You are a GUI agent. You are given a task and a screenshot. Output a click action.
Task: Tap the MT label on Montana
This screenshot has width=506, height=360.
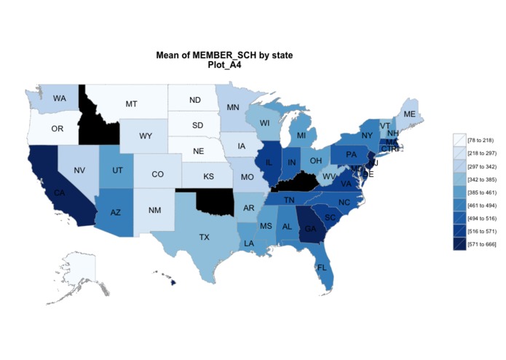click(131, 104)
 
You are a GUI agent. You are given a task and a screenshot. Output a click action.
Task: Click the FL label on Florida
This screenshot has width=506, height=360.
click(321, 267)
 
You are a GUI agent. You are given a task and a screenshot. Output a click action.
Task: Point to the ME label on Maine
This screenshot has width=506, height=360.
click(410, 114)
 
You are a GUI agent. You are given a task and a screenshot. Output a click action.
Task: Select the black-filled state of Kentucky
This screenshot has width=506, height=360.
click(299, 184)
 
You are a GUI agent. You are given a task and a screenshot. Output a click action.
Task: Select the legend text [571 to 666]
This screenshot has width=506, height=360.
click(481, 244)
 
